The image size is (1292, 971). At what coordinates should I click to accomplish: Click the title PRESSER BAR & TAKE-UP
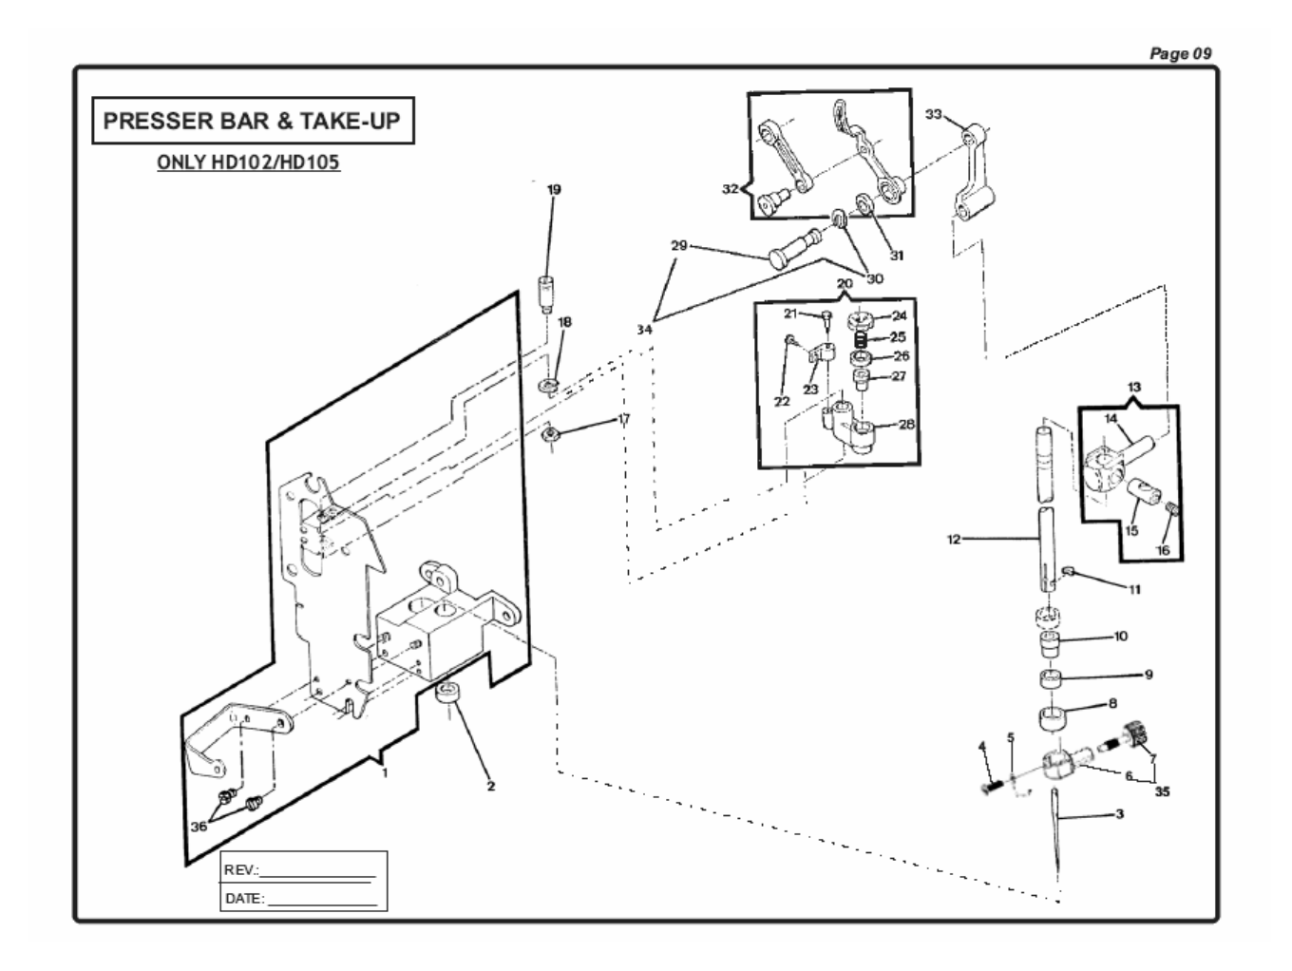[x=252, y=122]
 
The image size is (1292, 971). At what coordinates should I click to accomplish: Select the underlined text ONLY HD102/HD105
[x=248, y=162]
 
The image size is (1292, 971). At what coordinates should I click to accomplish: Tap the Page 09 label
[x=1180, y=54]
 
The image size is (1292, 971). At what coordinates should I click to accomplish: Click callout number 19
[x=554, y=190]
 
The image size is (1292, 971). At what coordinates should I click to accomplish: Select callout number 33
[x=933, y=115]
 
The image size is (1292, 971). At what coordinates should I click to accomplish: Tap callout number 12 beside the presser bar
[x=954, y=540]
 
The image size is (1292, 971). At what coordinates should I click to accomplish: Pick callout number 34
[x=645, y=329]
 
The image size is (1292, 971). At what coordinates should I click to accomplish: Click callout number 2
[x=491, y=786]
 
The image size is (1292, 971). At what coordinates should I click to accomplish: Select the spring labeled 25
[x=861, y=337]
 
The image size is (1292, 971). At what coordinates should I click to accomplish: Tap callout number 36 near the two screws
[x=199, y=827]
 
